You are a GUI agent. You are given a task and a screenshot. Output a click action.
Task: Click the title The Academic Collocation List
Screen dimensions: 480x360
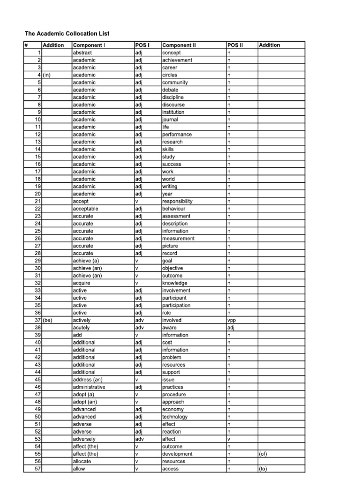pyautogui.click(x=67, y=34)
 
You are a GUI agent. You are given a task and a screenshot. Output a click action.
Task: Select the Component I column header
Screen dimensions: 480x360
pyautogui.click(x=89, y=45)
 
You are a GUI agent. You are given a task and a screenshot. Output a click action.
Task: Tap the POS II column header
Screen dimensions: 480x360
pyautogui.click(x=235, y=45)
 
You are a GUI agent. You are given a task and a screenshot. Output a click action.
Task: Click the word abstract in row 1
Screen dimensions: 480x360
pyautogui.click(x=82, y=52)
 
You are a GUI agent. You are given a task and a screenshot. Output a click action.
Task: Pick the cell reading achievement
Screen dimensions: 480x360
pyautogui.click(x=177, y=60)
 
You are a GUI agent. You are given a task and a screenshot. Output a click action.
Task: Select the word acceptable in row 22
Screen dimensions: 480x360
pyautogui.click(x=86, y=209)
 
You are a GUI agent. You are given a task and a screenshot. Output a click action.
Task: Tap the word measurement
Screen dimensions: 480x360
pyautogui.click(x=178, y=239)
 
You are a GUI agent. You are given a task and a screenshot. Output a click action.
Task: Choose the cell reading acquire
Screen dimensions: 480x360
pyautogui.click(x=82, y=283)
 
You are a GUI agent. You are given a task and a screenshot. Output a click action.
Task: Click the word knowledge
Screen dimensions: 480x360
pyautogui.click(x=175, y=283)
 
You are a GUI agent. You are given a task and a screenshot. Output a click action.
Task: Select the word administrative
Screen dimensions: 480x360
pyautogui.click(x=89, y=387)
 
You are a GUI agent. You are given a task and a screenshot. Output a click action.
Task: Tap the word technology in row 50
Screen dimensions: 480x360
pyautogui.click(x=175, y=417)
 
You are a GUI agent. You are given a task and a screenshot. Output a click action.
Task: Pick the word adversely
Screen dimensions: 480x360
pyautogui.click(x=84, y=439)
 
